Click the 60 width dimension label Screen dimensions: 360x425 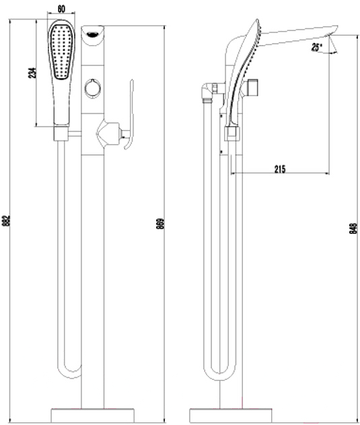pos(61,9)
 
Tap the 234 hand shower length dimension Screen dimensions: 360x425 pos(32,73)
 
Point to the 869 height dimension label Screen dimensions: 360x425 pos(161,224)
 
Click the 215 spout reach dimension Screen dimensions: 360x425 pos(280,169)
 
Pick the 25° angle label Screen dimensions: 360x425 pos(316,47)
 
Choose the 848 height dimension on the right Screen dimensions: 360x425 pos(353,228)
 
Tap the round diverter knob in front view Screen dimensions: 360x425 pos(93,88)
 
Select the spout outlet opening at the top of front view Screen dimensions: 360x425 pos(93,34)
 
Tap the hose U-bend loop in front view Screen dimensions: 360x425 pos(69,372)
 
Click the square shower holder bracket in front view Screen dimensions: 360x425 pos(61,133)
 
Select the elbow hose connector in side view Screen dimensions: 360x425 pos(209,92)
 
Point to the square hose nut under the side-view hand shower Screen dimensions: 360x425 pos(232,133)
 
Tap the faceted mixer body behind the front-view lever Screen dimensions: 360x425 pos(108,133)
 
